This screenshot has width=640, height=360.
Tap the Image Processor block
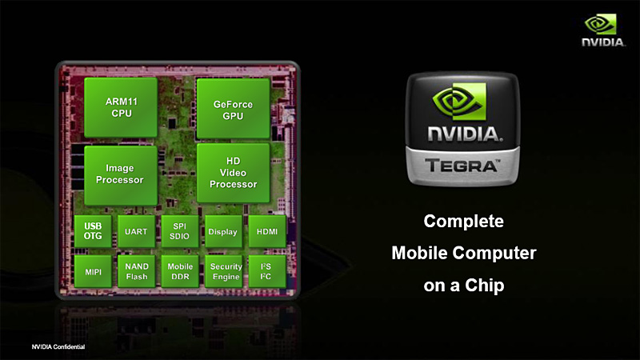(119, 174)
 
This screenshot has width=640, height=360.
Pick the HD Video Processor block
(233, 174)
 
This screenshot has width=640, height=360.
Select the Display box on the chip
(223, 231)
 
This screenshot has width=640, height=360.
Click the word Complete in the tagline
(463, 221)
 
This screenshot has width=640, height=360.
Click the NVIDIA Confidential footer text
(58, 346)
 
